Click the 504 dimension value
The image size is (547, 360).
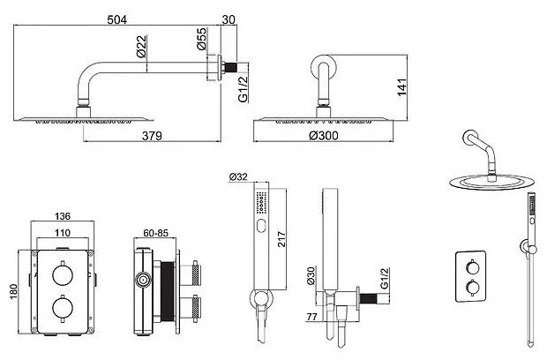click(x=116, y=19)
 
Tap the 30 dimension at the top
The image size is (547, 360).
click(x=229, y=19)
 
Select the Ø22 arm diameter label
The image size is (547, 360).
click(x=142, y=46)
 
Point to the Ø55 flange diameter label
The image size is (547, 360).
click(x=202, y=39)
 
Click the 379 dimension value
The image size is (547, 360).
click(x=152, y=136)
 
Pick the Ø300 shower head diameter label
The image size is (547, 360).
click(x=324, y=135)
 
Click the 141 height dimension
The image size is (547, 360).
click(x=402, y=87)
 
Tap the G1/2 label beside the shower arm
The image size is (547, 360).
click(x=243, y=88)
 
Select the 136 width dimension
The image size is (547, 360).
click(x=63, y=216)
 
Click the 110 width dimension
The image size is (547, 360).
click(x=63, y=233)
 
